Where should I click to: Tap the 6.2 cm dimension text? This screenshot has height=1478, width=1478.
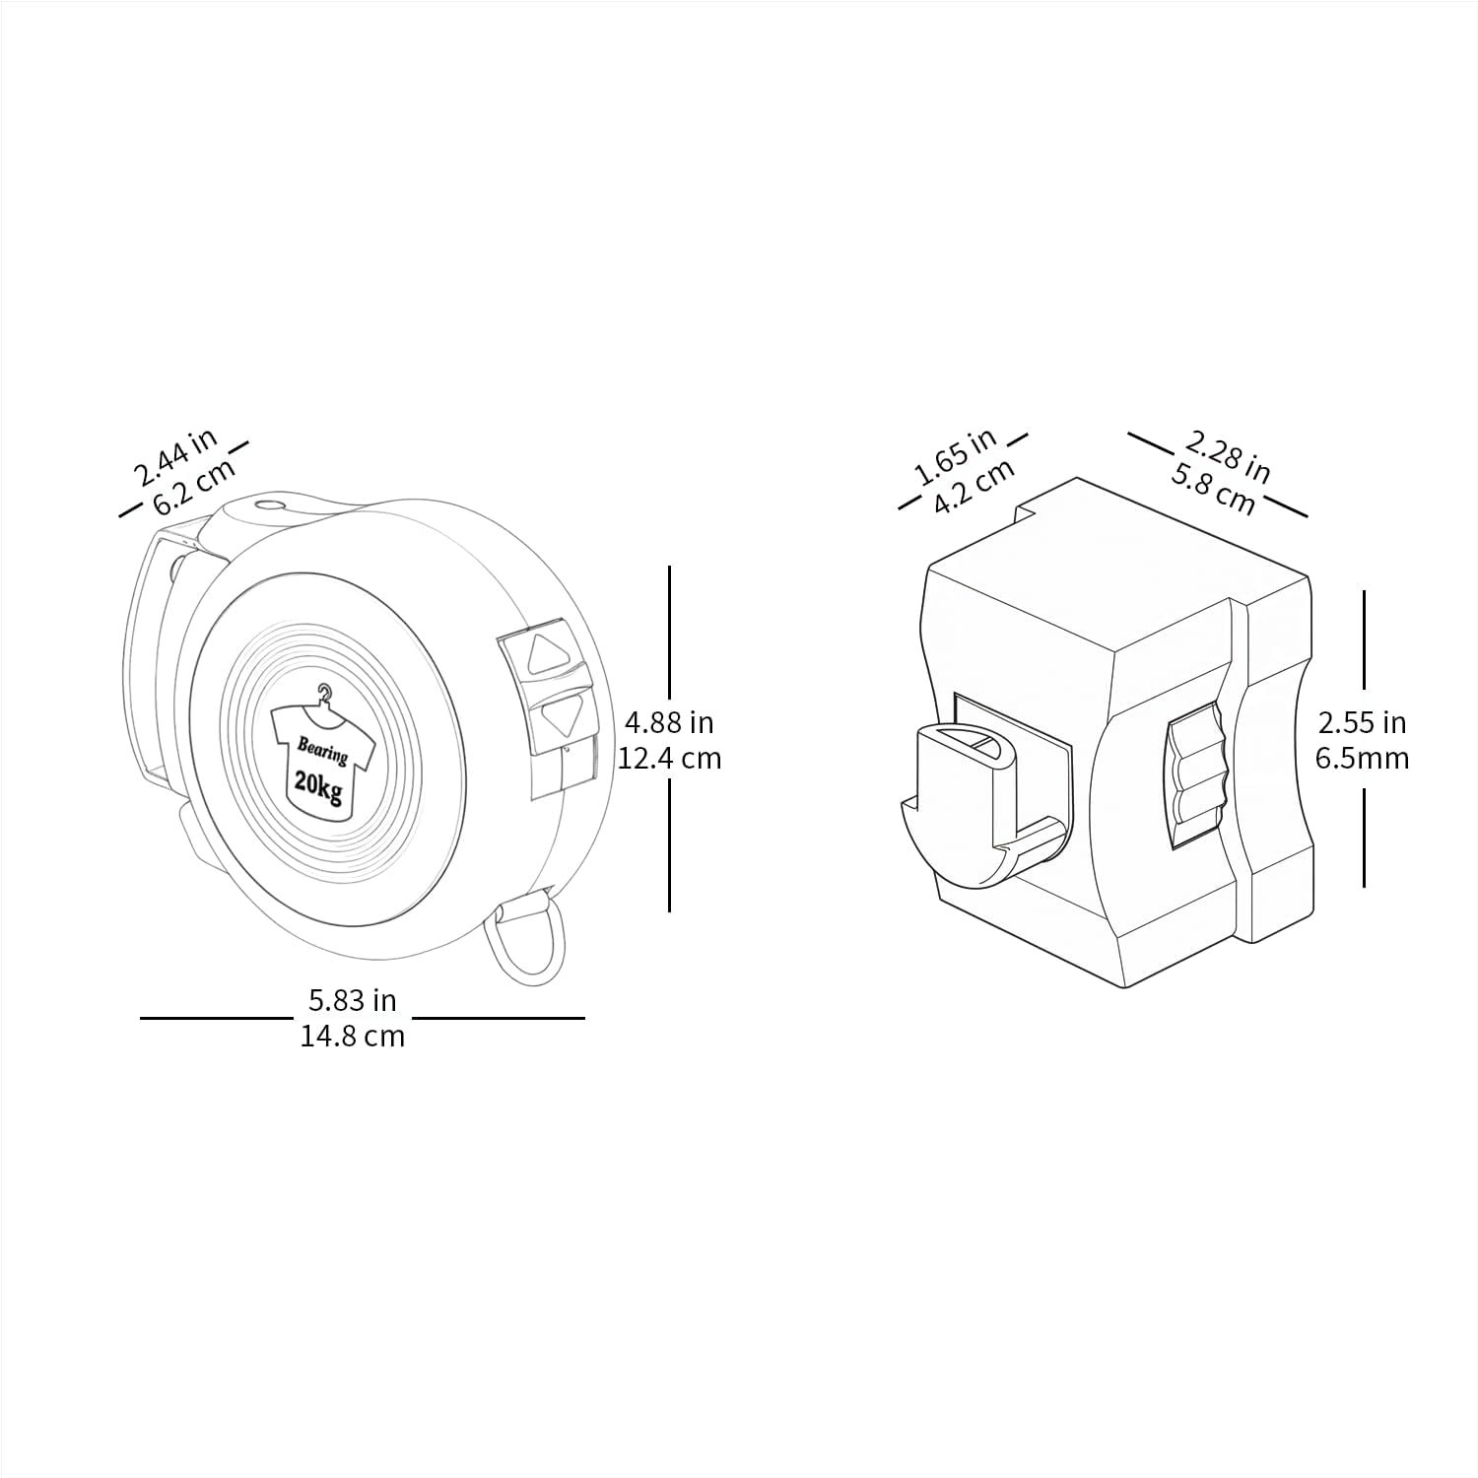195,485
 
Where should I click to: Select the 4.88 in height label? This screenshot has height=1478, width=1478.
669,722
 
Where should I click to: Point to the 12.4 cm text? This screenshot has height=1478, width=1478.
670,758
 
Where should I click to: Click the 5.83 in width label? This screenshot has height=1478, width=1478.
352,1000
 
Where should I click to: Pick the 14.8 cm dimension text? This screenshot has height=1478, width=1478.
353,1036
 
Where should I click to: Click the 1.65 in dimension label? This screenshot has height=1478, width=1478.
956,456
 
